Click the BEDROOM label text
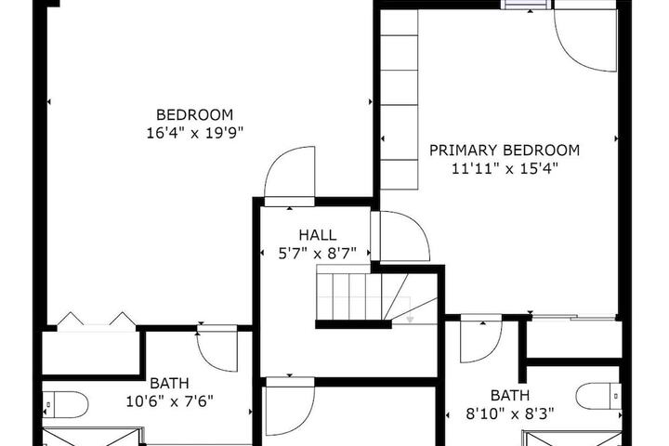194,115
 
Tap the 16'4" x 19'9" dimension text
194,134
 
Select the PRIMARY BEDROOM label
505,151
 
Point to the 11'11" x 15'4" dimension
505,169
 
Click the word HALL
318,235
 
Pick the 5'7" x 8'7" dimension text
318,254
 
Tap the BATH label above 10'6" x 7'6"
170,383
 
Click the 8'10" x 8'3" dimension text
510,414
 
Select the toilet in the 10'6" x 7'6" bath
65,404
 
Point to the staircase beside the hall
376,296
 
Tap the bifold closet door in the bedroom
97,321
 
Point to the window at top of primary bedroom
525,5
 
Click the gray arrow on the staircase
410,320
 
